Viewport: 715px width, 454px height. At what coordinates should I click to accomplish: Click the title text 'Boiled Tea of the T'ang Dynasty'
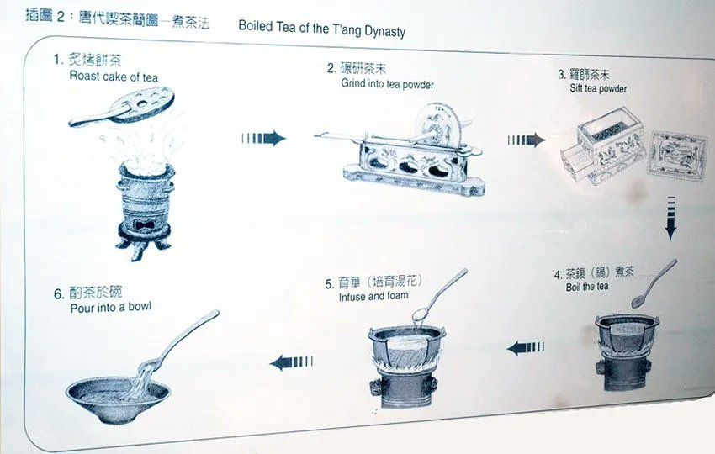(321, 29)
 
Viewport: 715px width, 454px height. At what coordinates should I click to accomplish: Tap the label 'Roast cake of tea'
(114, 77)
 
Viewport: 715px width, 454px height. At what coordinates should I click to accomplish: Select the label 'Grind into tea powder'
(387, 84)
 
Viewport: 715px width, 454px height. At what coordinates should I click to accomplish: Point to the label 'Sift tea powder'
(598, 88)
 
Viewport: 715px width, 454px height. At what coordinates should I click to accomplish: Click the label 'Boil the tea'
(587, 287)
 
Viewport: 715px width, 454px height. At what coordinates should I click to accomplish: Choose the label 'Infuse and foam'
(373, 296)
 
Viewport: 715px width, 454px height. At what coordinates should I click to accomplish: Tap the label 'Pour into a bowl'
(110, 308)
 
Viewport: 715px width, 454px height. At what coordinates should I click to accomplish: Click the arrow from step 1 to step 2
(263, 138)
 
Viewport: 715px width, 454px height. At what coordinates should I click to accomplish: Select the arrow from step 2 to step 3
(527, 140)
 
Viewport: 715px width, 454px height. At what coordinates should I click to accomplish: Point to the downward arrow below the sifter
(670, 218)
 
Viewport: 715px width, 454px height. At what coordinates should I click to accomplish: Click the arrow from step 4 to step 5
(525, 348)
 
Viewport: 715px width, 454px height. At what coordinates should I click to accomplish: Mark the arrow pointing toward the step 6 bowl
(291, 362)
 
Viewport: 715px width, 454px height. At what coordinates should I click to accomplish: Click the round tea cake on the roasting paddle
(142, 105)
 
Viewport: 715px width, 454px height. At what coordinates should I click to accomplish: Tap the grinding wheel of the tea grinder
(438, 123)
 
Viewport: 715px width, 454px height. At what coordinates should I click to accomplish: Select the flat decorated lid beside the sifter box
(677, 155)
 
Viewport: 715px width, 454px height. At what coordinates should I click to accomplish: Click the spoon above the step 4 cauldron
(654, 283)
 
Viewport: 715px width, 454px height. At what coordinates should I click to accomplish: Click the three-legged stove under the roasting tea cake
(145, 210)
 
